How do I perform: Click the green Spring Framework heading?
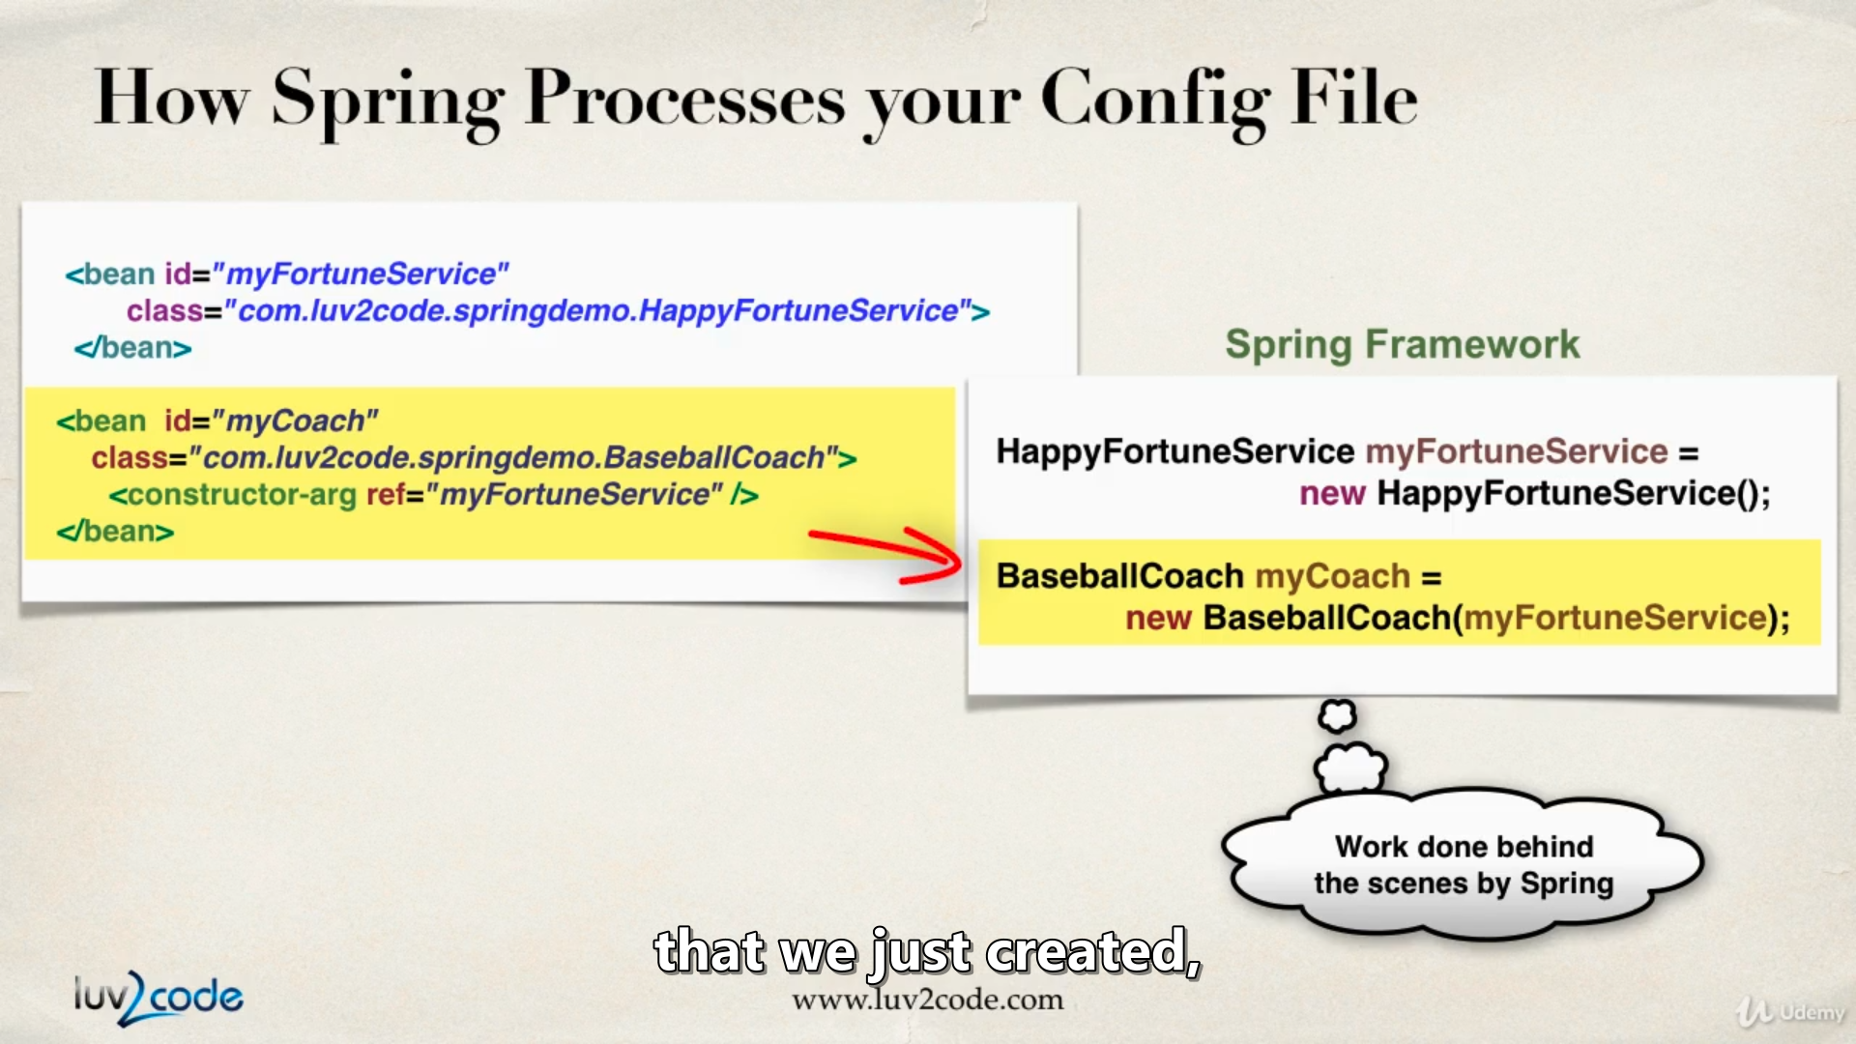click(x=1402, y=344)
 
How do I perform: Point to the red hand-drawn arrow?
click(x=885, y=555)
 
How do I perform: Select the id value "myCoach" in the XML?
click(x=294, y=420)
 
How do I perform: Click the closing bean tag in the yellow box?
click(x=115, y=532)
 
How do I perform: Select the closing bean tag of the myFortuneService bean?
click(x=132, y=348)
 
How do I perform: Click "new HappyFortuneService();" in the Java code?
click(x=1535, y=494)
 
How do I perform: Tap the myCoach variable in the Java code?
click(x=1333, y=576)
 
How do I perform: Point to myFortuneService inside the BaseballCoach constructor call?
click(x=1615, y=618)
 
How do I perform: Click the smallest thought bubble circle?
click(x=1337, y=715)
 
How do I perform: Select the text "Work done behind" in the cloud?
click(x=1464, y=847)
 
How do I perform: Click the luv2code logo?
click(x=159, y=998)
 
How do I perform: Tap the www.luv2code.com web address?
click(x=927, y=1000)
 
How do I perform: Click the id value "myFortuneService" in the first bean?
click(x=361, y=275)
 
